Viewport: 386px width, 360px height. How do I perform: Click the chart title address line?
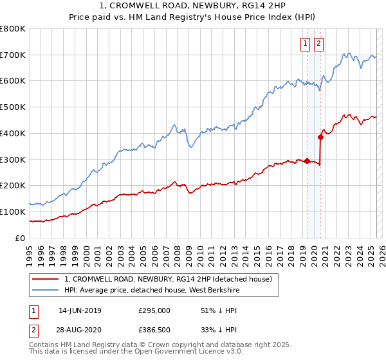click(x=193, y=6)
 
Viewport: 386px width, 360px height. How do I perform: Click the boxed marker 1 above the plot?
click(x=304, y=44)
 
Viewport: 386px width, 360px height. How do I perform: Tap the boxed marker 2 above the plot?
click(x=318, y=44)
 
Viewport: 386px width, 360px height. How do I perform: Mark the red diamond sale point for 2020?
click(x=320, y=136)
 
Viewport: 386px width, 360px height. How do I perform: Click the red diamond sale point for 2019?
click(x=307, y=161)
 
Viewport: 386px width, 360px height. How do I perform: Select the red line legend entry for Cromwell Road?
click(x=169, y=279)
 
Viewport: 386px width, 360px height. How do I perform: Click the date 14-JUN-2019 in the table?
click(x=80, y=310)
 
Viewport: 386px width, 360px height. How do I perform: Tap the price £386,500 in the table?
click(x=155, y=330)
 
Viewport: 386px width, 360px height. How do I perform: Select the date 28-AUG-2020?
click(x=80, y=330)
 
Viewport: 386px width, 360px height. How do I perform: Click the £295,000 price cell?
click(x=155, y=310)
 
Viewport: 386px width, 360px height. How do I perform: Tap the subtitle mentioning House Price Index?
click(x=193, y=17)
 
